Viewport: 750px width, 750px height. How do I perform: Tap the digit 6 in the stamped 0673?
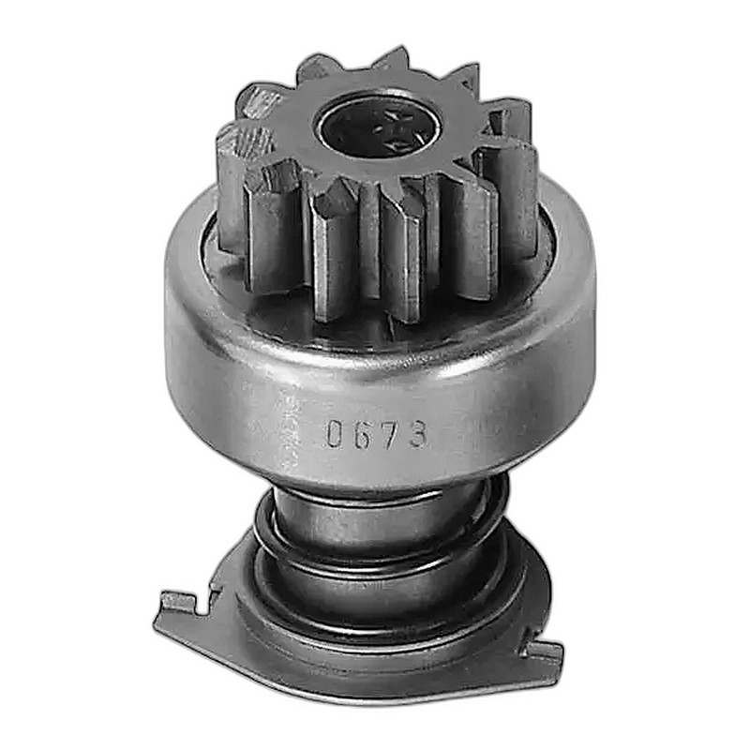[360, 435]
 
